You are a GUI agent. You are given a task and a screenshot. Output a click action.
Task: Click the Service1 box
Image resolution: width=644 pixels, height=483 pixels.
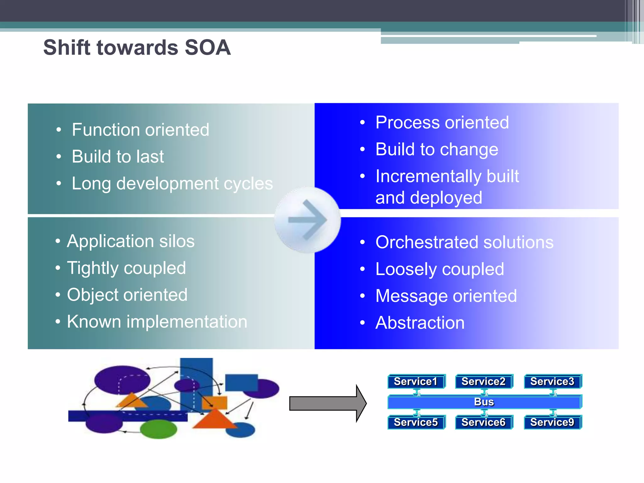[x=416, y=381]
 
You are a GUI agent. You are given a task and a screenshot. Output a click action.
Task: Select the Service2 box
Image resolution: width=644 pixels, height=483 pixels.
[x=484, y=381]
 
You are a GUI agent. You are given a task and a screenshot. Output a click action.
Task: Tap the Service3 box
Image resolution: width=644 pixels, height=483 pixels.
[x=552, y=381]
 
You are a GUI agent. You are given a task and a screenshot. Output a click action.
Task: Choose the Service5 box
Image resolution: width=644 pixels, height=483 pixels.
[x=416, y=422]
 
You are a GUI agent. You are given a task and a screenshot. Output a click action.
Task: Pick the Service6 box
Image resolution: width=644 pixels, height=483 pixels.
[x=484, y=422]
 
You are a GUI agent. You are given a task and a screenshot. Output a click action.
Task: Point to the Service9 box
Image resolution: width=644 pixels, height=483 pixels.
[x=552, y=422]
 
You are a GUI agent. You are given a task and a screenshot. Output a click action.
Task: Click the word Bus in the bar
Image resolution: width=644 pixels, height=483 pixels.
[x=484, y=402]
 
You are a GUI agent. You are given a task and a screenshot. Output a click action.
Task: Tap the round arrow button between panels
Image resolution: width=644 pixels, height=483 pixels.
[x=308, y=220]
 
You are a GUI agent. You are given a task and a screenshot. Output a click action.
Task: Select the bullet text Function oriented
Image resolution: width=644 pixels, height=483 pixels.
[x=140, y=130]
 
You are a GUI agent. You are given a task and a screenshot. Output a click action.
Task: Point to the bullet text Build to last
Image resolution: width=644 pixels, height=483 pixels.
[x=118, y=156]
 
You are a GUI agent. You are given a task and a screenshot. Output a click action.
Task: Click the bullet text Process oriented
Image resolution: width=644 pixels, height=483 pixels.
[x=442, y=122]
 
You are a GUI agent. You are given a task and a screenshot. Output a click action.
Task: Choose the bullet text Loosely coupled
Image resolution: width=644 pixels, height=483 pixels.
[x=440, y=269]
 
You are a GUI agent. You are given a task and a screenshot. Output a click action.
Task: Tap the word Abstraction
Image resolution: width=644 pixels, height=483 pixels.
[x=420, y=323]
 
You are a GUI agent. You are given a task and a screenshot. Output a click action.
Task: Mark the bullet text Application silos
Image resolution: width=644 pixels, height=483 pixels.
[x=131, y=241]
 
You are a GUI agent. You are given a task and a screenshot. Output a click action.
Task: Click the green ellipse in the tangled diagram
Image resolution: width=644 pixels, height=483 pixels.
[x=158, y=429]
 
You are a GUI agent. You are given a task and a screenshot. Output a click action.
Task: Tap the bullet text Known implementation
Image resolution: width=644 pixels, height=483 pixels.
[x=157, y=322]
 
